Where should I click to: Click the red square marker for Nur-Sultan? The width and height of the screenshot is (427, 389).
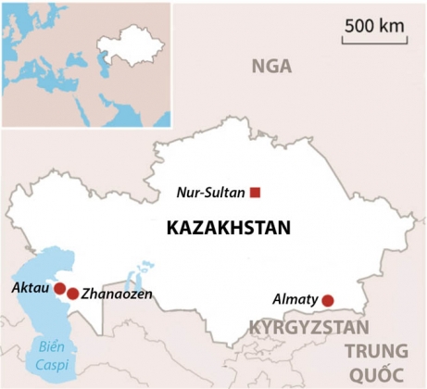(x=256, y=193)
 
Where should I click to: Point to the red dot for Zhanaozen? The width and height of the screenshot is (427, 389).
(x=73, y=294)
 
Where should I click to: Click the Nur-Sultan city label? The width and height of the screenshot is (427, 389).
(x=212, y=194)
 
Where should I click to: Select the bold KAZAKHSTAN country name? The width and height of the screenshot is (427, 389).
(x=228, y=228)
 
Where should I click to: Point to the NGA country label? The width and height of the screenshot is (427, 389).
(x=271, y=66)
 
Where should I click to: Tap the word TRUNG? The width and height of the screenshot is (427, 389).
(x=375, y=350)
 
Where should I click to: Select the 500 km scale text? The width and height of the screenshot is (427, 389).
(x=375, y=26)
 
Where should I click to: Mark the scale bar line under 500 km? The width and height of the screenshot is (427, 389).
(x=374, y=41)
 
